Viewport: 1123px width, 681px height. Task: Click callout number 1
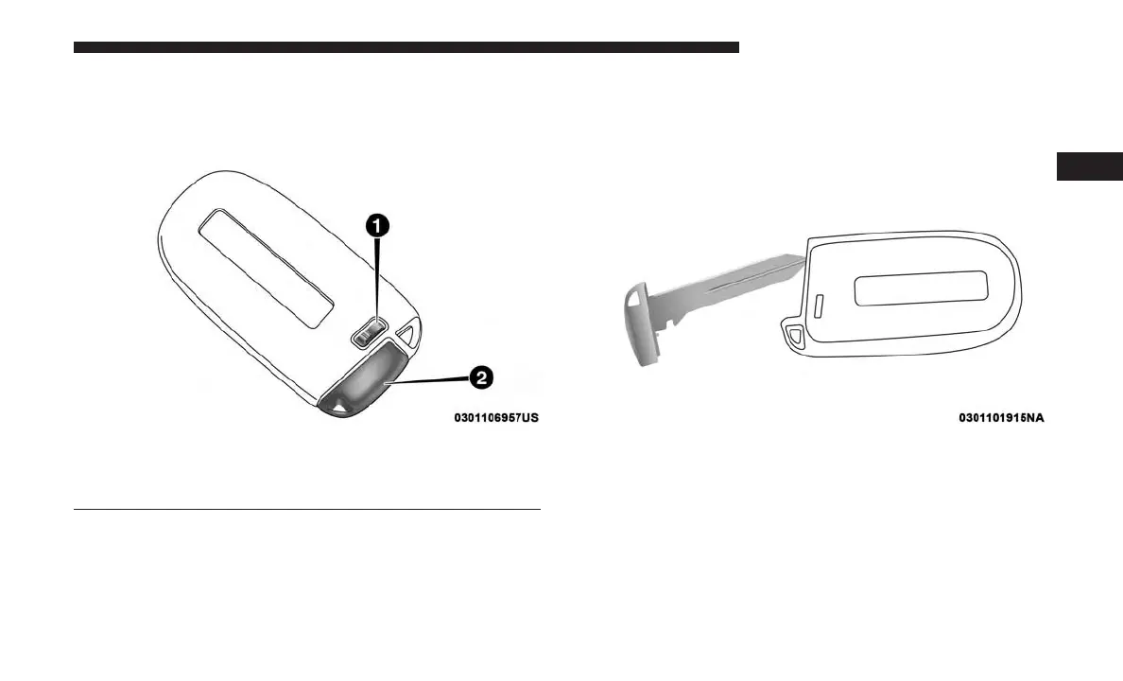(376, 224)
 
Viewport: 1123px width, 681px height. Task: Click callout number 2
(480, 378)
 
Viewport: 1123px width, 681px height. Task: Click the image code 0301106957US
(496, 417)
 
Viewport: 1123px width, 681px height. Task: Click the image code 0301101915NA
(1001, 417)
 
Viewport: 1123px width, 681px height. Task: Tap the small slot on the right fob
(819, 304)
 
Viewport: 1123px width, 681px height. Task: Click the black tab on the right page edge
(1089, 166)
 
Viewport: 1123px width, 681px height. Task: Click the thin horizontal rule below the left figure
(306, 510)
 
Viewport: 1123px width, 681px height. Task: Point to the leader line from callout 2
(431, 381)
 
